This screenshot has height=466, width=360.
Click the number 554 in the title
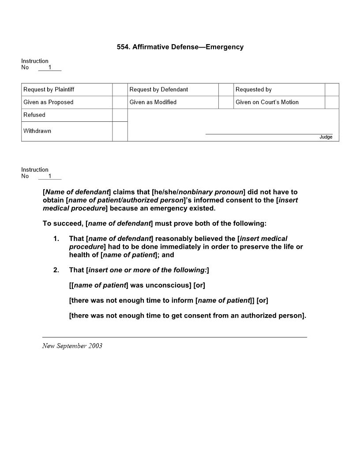(x=123, y=47)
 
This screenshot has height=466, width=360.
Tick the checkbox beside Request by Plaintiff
(x=120, y=90)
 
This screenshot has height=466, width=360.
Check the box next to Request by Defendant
(x=226, y=90)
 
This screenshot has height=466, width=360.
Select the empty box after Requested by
(x=332, y=90)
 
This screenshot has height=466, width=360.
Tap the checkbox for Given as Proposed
(x=120, y=102)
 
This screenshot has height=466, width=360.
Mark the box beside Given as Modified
(x=226, y=102)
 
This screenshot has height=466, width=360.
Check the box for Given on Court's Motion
(x=332, y=102)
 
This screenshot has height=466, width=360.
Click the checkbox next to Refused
(x=120, y=115)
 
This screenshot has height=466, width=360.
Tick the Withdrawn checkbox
(x=120, y=131)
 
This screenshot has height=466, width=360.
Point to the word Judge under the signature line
(x=326, y=137)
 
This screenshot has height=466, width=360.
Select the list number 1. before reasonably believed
(x=56, y=239)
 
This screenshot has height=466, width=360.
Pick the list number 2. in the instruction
(x=56, y=270)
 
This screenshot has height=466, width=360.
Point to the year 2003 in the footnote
(x=95, y=346)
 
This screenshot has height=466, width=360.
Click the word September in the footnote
(x=71, y=346)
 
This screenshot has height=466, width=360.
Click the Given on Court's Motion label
(x=267, y=102)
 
